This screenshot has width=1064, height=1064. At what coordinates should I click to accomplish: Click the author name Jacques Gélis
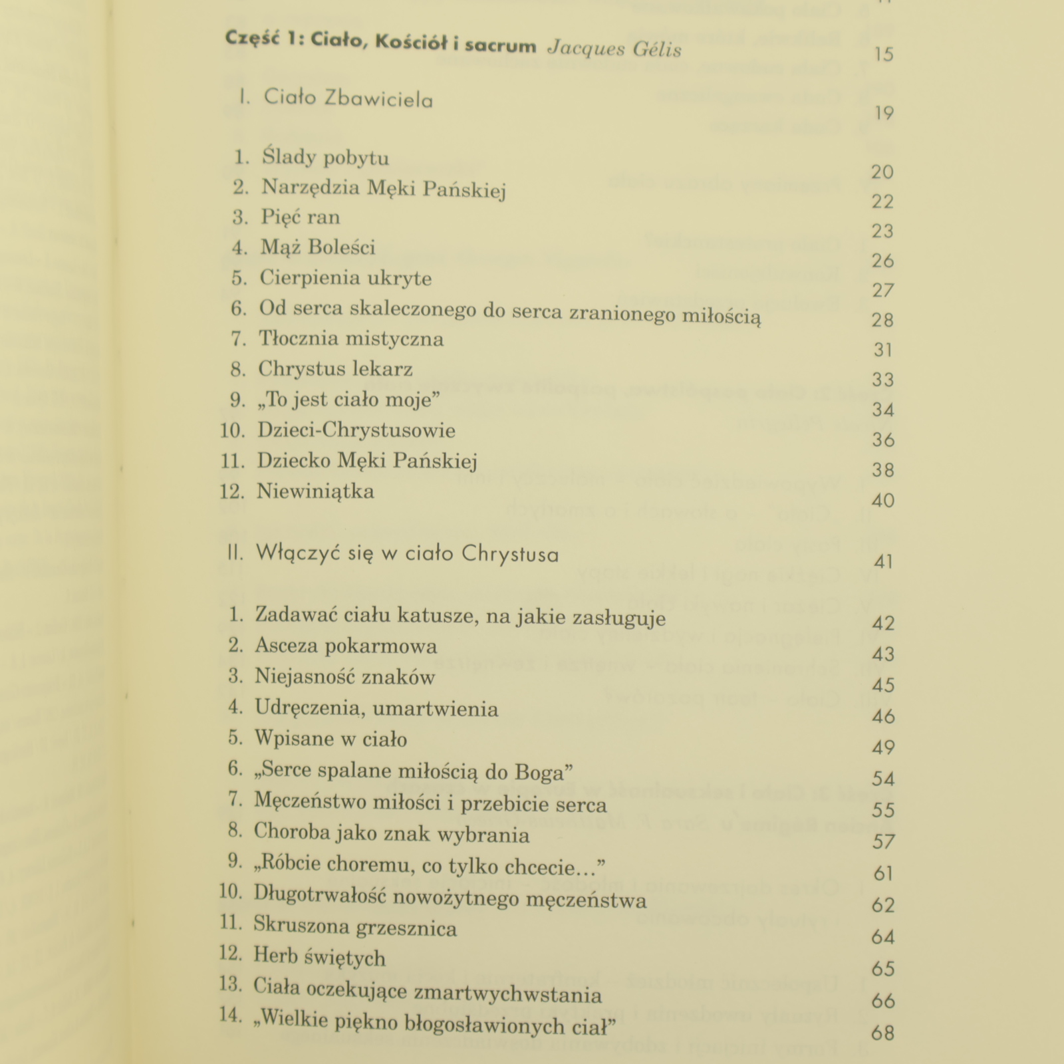614,50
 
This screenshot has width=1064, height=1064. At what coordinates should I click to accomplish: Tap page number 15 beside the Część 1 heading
884,54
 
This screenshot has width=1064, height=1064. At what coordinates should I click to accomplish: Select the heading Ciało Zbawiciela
348,99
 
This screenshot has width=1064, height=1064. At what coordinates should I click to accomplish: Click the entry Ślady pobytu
325,158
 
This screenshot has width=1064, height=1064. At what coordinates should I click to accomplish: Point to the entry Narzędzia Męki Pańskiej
384,188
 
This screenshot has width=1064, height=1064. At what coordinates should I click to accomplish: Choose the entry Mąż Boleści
318,248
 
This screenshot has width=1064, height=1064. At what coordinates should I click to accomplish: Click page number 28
882,321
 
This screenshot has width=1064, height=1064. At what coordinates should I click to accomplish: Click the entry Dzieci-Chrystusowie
356,430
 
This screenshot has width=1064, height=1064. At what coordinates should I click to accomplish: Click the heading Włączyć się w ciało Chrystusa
407,554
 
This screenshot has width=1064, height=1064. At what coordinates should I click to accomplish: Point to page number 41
883,562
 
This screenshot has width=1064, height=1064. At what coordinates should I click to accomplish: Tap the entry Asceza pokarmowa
346,646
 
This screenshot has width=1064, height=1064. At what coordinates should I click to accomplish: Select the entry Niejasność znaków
344,678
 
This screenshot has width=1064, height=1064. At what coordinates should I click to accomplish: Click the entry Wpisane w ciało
331,739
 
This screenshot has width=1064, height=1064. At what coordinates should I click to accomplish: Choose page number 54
883,779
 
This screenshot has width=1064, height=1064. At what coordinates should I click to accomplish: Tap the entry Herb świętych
319,958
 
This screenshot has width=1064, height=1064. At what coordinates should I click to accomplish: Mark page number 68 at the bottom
882,1033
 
